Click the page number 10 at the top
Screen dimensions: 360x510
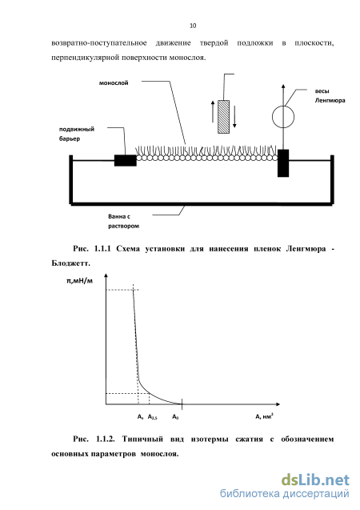pos(193,26)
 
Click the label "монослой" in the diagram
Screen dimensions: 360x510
pos(114,83)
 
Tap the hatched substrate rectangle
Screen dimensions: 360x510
pos(223,117)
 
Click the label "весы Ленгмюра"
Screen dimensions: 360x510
pos(330,95)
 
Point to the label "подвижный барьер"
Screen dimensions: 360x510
pos(77,134)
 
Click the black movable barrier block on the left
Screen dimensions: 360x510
pos(126,160)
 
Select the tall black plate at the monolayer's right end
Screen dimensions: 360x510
pos(283,163)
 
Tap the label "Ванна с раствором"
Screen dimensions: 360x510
pos(123,221)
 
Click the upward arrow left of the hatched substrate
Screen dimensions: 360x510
pos(213,111)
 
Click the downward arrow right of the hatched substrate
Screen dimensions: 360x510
pos(234,117)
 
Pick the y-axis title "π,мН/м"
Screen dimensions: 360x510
pos(80,280)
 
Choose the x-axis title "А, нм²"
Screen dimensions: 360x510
pos(264,416)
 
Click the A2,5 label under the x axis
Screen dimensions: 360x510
pos(152,417)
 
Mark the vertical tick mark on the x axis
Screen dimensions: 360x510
pos(182,404)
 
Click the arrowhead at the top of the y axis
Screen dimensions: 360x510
pos(106,275)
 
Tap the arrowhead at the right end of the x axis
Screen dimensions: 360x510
pos(278,404)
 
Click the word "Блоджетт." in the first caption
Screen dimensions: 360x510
pos(70,263)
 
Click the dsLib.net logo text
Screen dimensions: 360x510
pos(315,480)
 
